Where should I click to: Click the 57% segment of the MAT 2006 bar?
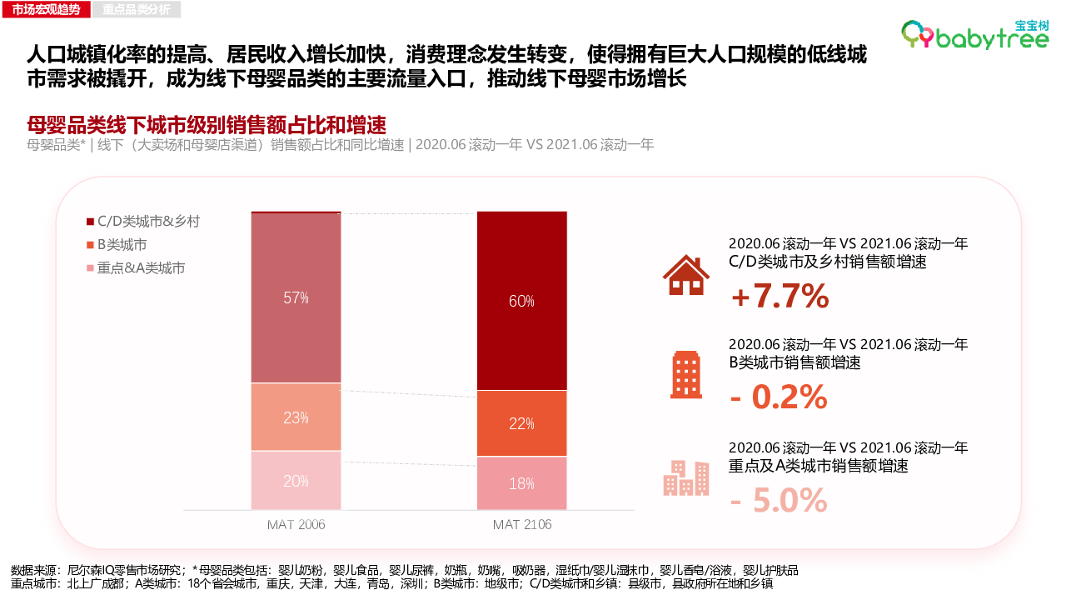296,297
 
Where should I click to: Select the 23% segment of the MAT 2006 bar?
296,417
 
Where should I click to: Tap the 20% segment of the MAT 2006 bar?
296,480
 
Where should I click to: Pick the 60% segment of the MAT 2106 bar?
521,301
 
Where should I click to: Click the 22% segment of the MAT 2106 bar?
521,423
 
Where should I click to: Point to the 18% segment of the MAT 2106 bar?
521,483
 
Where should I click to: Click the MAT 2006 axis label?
296,525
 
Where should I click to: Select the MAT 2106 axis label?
522,525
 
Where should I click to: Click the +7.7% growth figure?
780,296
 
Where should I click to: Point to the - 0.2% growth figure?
779,397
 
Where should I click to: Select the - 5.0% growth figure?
779,500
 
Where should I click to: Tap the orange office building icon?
686,375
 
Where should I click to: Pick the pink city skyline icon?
686,477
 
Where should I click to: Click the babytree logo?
974,34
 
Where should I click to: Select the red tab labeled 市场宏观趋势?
47,10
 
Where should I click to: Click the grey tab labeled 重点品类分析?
137,10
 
